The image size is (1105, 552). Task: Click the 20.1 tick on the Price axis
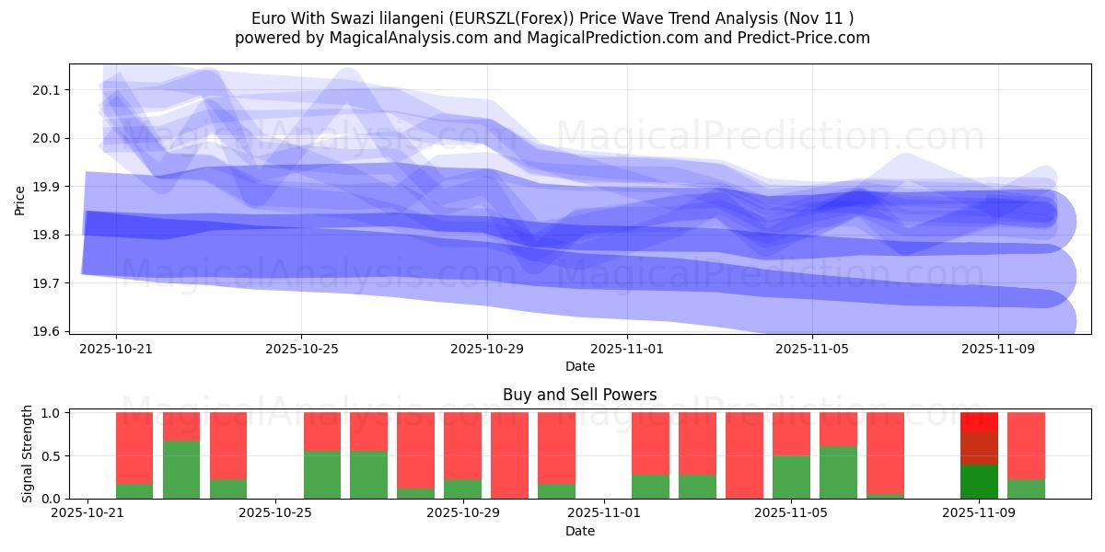pos(45,90)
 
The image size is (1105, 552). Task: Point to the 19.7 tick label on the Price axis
pos(45,283)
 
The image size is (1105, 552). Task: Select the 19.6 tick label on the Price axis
pos(45,331)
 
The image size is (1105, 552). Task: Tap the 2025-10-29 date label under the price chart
pos(486,350)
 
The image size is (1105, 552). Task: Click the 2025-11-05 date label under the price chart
pos(811,350)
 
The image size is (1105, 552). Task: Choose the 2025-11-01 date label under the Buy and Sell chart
pos(602,514)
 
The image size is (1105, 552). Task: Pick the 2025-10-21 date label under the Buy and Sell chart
pos(87,514)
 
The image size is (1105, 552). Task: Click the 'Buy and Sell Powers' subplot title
pos(579,395)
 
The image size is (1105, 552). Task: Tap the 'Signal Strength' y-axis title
pos(28,454)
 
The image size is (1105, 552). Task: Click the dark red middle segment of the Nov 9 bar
pos(979,448)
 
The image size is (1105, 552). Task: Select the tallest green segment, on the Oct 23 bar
pos(181,469)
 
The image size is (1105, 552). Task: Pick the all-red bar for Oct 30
pos(509,455)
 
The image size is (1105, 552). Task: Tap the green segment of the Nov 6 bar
pos(838,472)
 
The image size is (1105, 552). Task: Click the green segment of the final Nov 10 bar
pos(1026,489)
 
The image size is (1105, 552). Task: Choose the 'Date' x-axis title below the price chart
pos(579,366)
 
